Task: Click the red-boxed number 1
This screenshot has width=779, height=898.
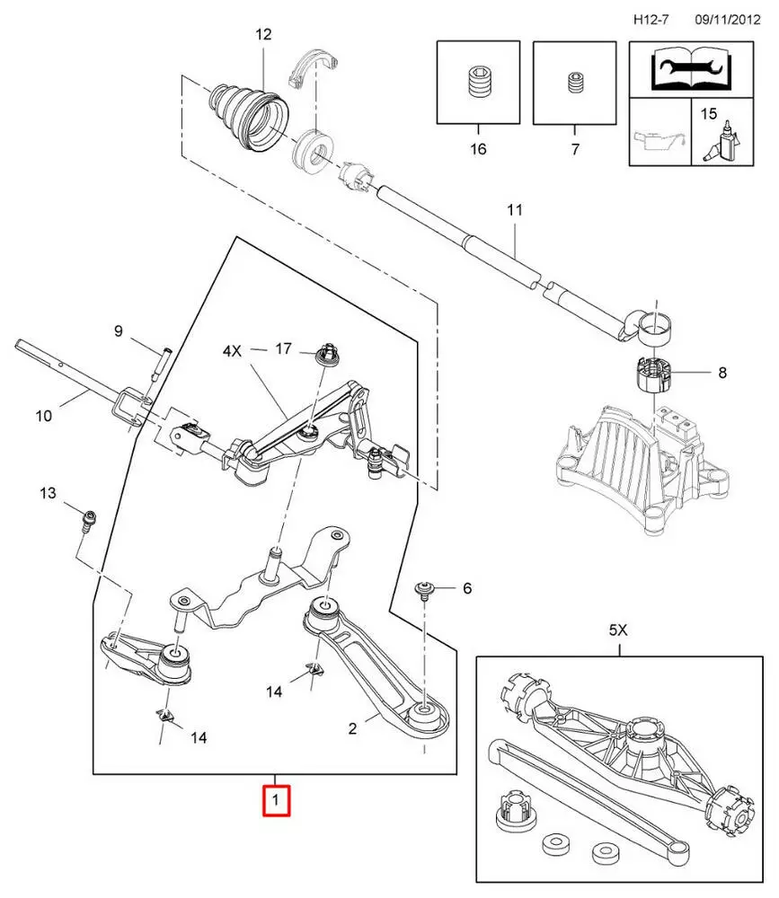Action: coord(276,799)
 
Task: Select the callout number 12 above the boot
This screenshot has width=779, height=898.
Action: coord(263,35)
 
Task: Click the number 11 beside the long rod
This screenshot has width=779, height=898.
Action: coord(514,211)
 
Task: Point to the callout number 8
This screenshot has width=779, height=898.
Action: coord(721,371)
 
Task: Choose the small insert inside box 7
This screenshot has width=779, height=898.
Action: coord(575,84)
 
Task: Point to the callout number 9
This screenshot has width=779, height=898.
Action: coord(118,330)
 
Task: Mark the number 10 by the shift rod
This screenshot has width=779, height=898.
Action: coord(45,416)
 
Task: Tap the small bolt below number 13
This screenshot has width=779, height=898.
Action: coord(87,520)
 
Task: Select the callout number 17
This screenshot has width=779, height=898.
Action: coord(284,348)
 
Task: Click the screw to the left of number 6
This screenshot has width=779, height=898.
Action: coord(423,589)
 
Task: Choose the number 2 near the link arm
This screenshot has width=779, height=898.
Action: coord(352,728)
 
